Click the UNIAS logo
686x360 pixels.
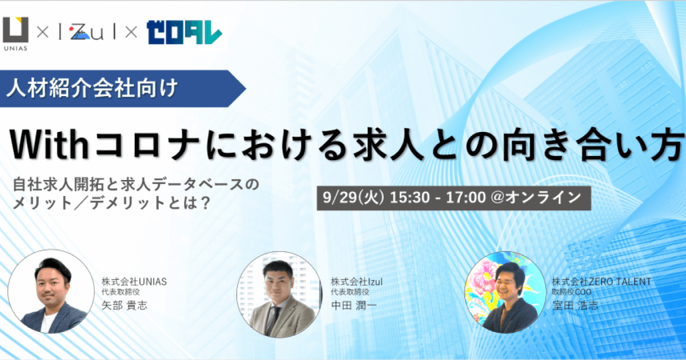(15, 34)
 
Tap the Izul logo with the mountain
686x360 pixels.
(86, 33)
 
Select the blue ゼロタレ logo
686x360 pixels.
(184, 33)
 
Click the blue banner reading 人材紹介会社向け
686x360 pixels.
(122, 89)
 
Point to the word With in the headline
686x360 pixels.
(49, 144)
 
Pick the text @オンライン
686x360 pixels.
(536, 198)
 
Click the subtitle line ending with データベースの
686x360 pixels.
(136, 185)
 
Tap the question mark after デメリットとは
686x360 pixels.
(206, 203)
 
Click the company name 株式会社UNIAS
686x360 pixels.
(134, 281)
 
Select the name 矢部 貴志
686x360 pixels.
(125, 305)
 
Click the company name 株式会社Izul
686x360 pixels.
(357, 281)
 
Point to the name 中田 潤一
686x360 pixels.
(354, 305)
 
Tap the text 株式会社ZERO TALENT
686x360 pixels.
(601, 281)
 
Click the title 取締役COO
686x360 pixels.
(572, 292)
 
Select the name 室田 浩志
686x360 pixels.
(575, 305)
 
